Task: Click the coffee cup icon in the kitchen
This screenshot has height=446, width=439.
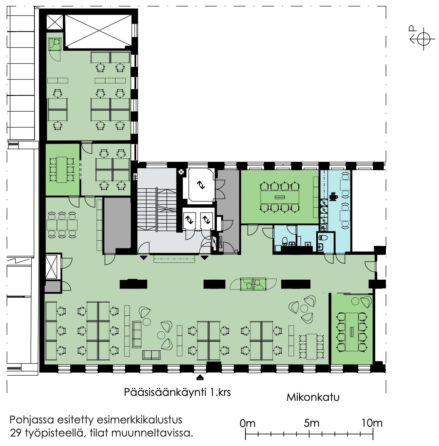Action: (333, 196)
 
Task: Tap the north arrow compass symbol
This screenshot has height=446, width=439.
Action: (424, 39)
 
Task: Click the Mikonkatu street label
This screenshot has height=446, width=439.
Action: (313, 397)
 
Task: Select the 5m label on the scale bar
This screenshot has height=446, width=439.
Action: (311, 423)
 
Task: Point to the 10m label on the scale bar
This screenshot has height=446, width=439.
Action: (372, 423)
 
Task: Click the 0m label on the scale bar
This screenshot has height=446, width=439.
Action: (248, 423)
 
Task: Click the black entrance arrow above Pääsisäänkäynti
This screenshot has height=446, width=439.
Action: (200, 378)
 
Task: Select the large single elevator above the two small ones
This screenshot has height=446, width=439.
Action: (201, 185)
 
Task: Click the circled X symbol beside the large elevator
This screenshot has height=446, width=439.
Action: (181, 172)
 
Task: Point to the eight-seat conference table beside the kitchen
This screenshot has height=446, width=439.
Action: (280, 197)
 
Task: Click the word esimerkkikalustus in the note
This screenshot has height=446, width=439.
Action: (139, 420)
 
